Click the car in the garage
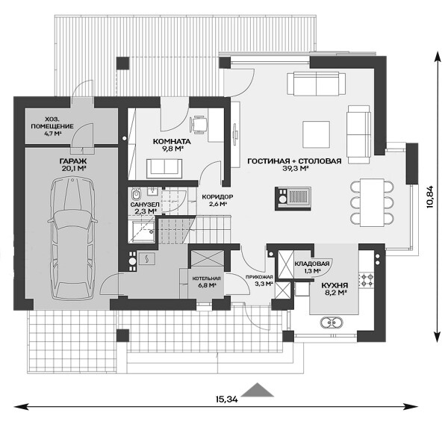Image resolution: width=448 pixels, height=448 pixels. (x=72, y=239)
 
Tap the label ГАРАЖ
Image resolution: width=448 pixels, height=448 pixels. (x=73, y=161)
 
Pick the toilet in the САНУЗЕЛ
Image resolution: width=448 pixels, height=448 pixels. (x=137, y=194)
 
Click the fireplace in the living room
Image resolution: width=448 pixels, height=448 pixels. (x=293, y=199)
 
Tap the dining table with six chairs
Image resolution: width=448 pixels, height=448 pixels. (x=372, y=202)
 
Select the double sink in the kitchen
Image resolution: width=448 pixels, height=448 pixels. (x=332, y=323)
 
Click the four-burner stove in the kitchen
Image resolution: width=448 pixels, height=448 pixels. (x=367, y=280)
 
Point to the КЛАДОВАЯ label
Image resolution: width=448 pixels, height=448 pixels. (x=311, y=264)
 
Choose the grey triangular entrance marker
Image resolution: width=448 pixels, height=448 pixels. (x=258, y=190)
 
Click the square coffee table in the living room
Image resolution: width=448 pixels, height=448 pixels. (x=317, y=134)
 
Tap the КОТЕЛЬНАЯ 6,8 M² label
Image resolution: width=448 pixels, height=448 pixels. (x=206, y=281)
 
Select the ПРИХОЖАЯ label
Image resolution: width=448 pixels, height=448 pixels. (x=259, y=277)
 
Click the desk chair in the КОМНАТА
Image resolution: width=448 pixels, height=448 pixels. (x=198, y=125)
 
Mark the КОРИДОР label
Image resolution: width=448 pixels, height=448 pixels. (x=217, y=197)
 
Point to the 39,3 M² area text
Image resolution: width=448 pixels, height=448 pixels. (x=295, y=168)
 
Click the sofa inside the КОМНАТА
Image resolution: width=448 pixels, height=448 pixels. (x=164, y=168)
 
